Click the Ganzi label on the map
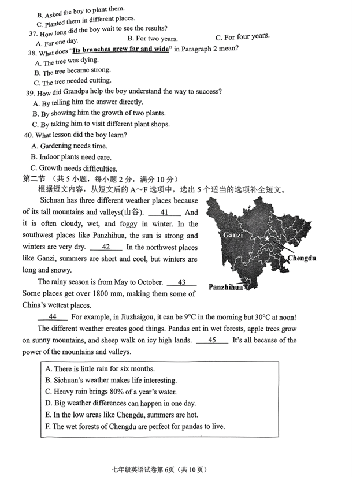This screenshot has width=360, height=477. coord(233,236)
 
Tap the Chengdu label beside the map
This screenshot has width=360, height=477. coord(302,258)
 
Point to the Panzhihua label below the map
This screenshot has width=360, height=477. coord(225,286)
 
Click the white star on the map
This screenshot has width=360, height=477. coord(267,238)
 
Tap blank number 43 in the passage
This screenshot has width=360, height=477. coord(181,282)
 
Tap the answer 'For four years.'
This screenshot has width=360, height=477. coord(242,37)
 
